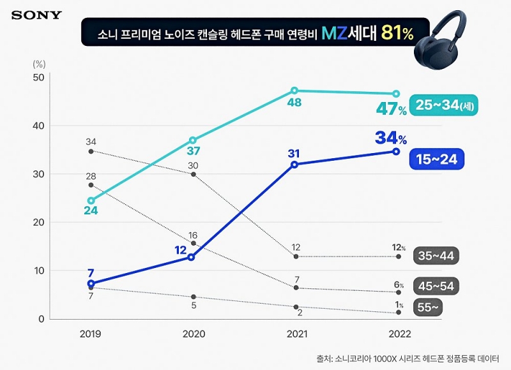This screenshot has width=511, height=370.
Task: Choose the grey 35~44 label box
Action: tap(436, 256)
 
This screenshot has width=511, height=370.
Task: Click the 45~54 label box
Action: tap(436, 286)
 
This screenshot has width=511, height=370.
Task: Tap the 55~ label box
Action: tap(428, 306)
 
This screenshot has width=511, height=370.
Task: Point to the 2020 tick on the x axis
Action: tap(193, 334)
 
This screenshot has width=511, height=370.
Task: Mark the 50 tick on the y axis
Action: tap(38, 77)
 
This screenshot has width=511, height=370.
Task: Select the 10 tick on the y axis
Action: tap(38, 270)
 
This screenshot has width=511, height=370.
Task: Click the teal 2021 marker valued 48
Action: tap(294, 91)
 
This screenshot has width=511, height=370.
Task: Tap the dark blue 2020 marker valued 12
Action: tap(191, 257)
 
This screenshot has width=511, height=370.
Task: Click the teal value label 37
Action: tap(192, 151)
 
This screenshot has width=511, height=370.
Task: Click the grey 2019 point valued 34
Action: tap(91, 151)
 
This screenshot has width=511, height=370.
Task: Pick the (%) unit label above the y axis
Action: tap(38, 63)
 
